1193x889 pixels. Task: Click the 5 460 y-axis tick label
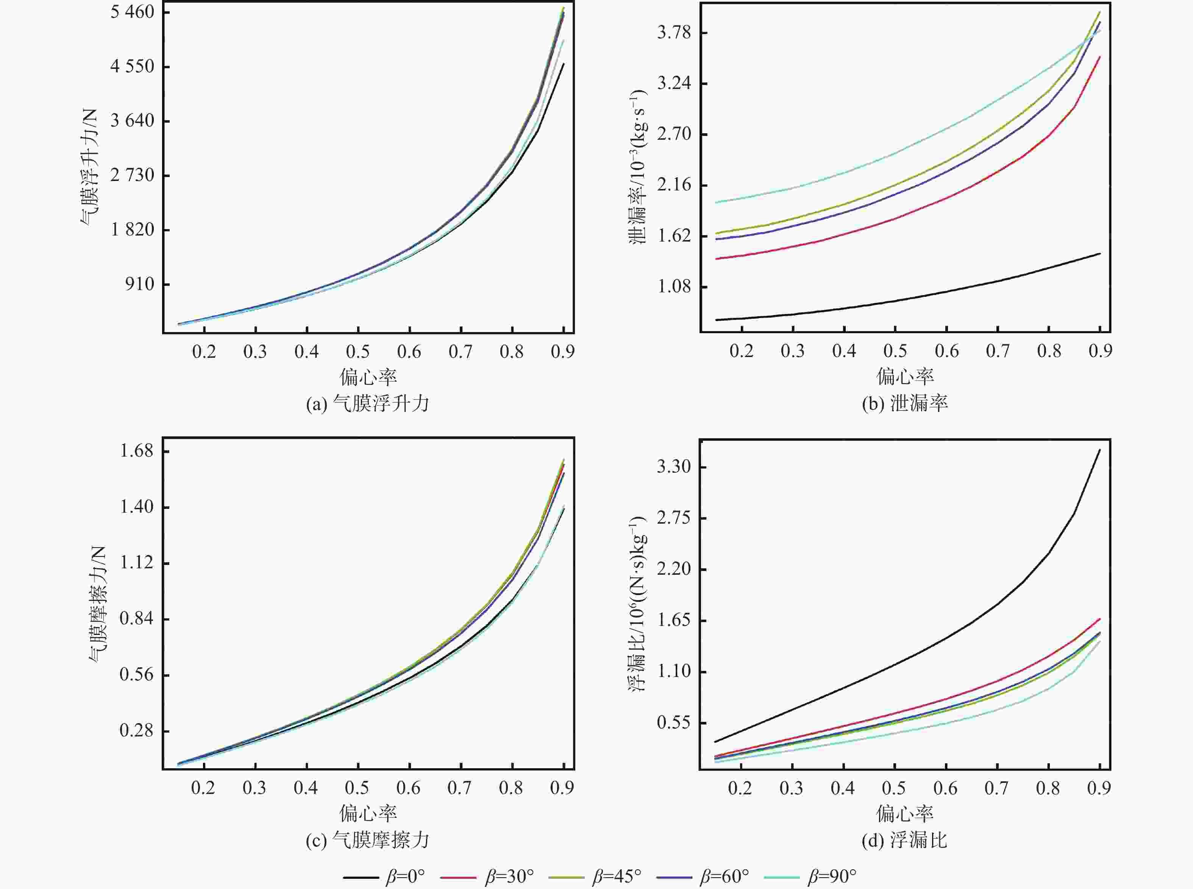(x=133, y=12)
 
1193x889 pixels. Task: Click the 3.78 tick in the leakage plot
(x=674, y=33)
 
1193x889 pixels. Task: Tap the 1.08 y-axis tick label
(x=674, y=286)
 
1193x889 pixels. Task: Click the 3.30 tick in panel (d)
(x=674, y=466)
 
